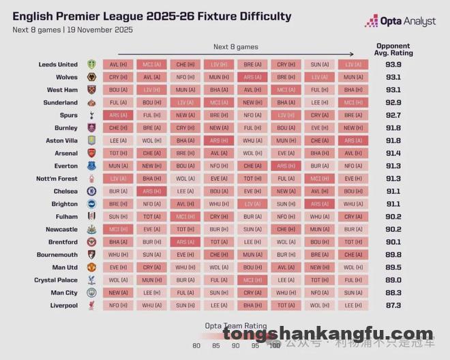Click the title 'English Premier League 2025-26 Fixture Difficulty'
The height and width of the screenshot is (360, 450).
[151, 16]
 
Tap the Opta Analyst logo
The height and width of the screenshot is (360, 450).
[400, 22]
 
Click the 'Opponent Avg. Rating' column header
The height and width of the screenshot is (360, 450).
[393, 50]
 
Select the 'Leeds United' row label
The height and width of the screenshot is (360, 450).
[58, 65]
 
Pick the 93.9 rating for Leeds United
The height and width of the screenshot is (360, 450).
[393, 65]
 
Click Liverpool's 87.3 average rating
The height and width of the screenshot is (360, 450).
[393, 305]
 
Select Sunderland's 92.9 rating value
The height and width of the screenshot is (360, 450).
[393, 103]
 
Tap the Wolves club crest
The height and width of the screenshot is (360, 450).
[92, 77]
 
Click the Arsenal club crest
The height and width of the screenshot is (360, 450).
[92, 153]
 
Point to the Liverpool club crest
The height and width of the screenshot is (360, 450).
[92, 305]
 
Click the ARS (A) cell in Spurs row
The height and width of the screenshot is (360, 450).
[119, 115]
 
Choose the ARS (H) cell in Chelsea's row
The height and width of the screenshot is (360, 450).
[152, 192]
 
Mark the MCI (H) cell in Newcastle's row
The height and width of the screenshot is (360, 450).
[119, 229]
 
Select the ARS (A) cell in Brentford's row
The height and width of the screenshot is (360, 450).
[185, 242]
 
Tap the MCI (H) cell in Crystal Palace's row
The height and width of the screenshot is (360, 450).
[253, 280]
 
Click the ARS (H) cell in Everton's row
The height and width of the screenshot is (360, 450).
[286, 166]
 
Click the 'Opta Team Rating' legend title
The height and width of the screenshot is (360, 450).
[236, 326]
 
